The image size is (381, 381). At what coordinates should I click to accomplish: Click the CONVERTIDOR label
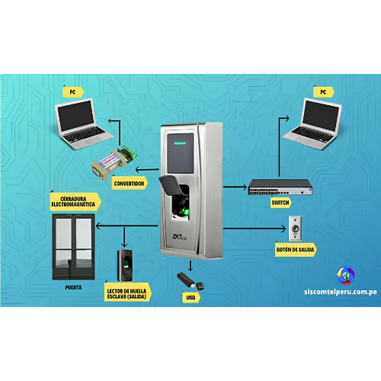[130, 183]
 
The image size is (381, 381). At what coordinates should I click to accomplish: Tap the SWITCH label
[280, 203]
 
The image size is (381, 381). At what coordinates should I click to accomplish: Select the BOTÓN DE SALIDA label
[296, 250]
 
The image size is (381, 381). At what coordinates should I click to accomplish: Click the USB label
[190, 297]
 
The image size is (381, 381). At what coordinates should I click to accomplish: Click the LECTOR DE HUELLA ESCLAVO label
[127, 293]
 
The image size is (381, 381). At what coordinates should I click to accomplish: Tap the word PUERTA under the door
[73, 287]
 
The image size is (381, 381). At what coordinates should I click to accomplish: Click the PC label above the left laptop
[73, 92]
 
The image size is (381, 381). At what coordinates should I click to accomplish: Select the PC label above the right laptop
[323, 92]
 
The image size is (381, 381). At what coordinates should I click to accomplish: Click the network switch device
[280, 187]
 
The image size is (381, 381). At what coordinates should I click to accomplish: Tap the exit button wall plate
[295, 229]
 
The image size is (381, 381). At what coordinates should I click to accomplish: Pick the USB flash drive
[190, 281]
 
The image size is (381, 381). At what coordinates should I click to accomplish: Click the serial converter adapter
[115, 162]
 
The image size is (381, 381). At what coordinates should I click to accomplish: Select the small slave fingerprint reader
[125, 265]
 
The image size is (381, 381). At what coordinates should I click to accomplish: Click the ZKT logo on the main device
[179, 237]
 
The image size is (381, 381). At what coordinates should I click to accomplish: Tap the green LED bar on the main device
[180, 143]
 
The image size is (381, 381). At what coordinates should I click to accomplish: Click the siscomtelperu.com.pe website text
[341, 292]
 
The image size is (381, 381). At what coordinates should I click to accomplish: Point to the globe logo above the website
[345, 275]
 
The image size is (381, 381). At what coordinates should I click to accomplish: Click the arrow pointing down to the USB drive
[190, 265]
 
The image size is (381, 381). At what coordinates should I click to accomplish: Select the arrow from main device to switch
[235, 187]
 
